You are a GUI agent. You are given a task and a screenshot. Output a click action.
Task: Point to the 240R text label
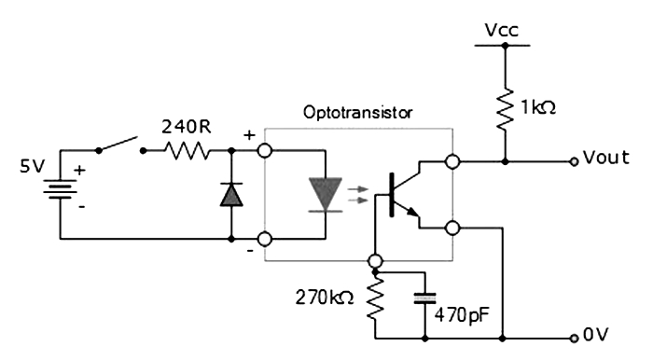coord(188,123)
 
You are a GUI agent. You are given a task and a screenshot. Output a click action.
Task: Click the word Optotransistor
coord(358,112)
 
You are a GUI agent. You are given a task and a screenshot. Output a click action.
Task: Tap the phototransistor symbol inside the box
coord(401,195)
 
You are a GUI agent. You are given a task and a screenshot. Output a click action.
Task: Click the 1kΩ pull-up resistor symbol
coord(506,107)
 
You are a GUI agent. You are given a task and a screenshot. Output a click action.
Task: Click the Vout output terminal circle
coord(574,161)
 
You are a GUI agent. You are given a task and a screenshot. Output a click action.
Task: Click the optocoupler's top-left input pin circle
coord(265,150)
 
